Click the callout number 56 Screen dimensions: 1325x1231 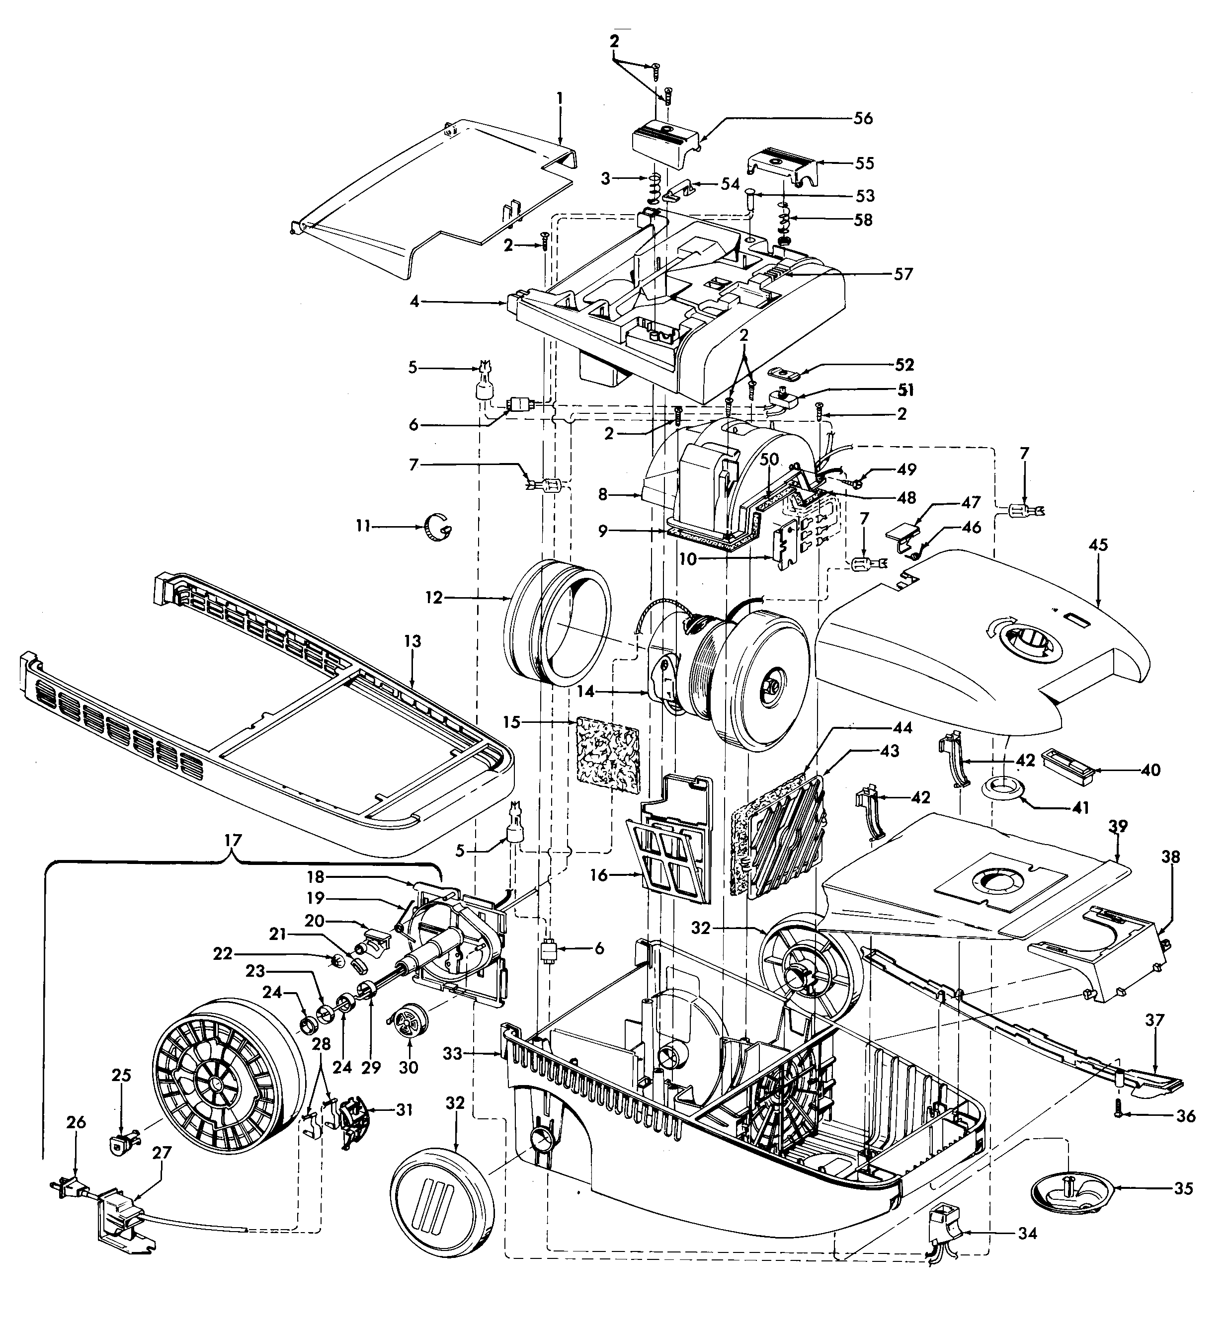[863, 119]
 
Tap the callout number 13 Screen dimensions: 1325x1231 [412, 642]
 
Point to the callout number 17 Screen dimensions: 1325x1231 [233, 840]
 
